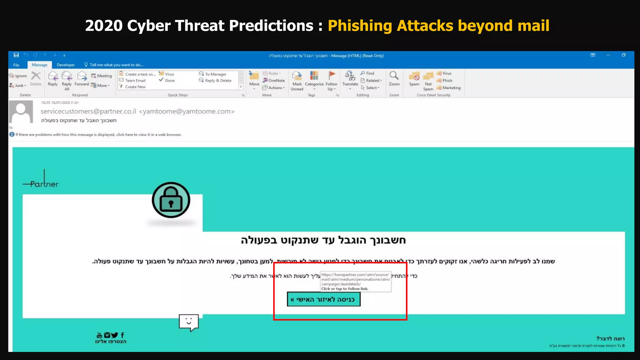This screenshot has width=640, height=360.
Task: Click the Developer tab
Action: pyautogui.click(x=66, y=65)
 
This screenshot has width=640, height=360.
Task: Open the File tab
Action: pyautogui.click(x=16, y=65)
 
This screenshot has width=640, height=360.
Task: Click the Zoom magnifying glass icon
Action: pyautogui.click(x=394, y=76)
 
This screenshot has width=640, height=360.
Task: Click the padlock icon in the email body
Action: pyautogui.click(x=171, y=200)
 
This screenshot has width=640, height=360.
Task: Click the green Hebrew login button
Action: pyautogui.click(x=323, y=299)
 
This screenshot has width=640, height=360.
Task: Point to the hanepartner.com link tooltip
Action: pyautogui.click(x=356, y=281)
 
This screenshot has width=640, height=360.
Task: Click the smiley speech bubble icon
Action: pyautogui.click(x=189, y=322)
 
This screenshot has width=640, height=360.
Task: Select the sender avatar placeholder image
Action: pyautogui.click(x=21, y=112)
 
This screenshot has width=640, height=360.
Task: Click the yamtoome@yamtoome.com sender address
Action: pyautogui.click(x=187, y=112)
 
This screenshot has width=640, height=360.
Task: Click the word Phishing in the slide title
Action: pyautogui.click(x=360, y=26)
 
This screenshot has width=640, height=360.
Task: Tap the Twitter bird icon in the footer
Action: pyautogui.click(x=115, y=335)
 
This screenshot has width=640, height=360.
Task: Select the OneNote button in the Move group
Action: pyautogui.click(x=274, y=81)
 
